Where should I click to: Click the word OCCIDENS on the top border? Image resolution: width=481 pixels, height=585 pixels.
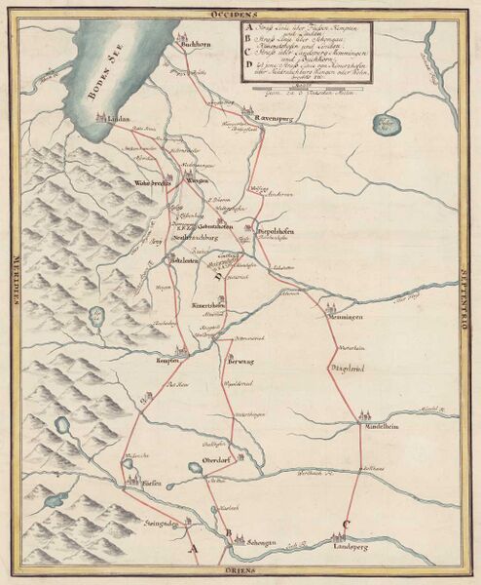[241, 16]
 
